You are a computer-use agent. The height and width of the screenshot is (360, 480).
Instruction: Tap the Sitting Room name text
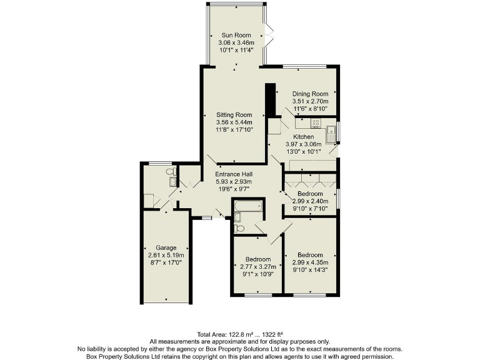(234, 115)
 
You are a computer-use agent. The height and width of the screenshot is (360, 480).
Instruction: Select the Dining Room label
(310, 94)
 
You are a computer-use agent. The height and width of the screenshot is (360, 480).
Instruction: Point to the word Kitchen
(304, 137)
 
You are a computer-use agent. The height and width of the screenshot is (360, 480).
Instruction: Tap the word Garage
(166, 247)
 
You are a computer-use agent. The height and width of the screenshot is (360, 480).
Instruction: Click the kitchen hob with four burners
(317, 124)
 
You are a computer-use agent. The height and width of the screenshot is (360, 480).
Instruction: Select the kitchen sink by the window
(331, 132)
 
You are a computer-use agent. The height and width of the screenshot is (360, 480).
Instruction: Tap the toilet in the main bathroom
(238, 217)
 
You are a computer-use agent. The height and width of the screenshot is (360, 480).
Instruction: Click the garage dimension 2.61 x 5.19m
(166, 255)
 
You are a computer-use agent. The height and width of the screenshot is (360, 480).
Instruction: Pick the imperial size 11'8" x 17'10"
(234, 129)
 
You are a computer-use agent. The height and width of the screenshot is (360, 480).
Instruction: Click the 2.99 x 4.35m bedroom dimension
(310, 262)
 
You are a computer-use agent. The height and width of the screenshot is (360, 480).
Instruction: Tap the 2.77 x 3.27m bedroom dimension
(257, 266)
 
